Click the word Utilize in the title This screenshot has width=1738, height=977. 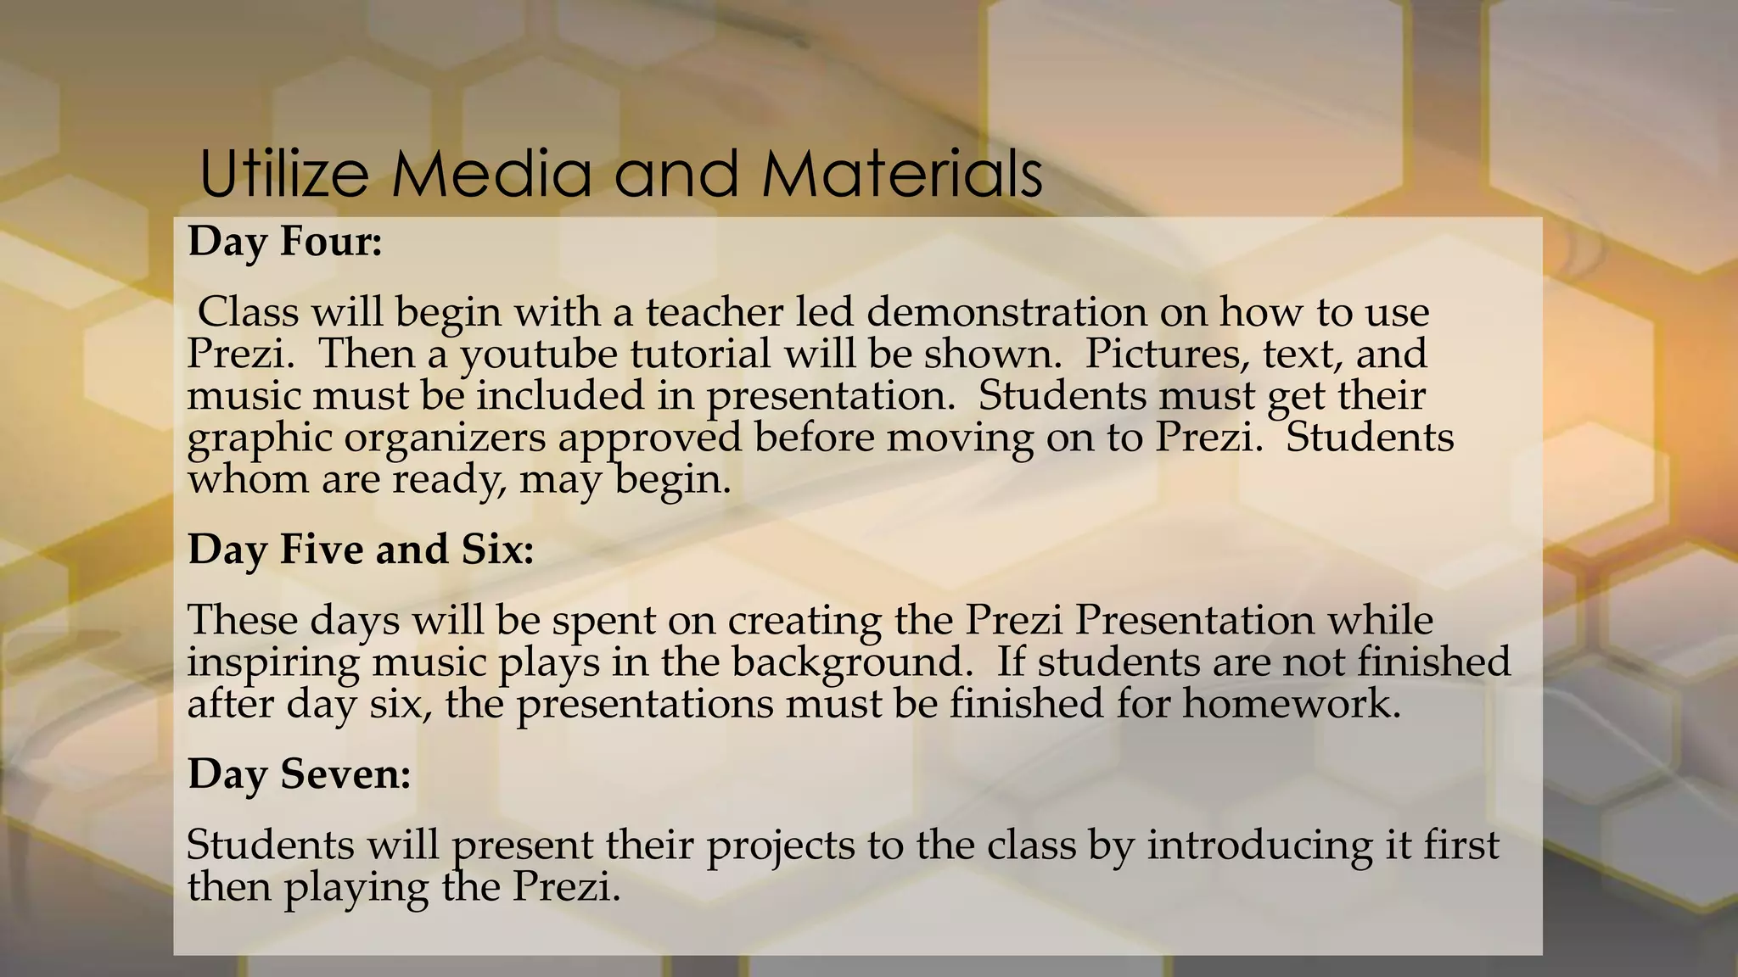click(284, 174)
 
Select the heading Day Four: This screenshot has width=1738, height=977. click(285, 242)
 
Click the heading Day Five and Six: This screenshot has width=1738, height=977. click(361, 550)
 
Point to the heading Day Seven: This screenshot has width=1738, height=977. click(300, 773)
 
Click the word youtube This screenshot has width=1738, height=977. click(539, 355)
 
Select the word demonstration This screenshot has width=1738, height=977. click(1006, 312)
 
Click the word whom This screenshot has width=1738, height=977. click(248, 480)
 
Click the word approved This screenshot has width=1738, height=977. click(650, 438)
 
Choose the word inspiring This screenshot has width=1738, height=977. click(273, 662)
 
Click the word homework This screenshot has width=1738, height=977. click(1291, 704)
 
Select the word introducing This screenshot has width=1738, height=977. click(1259, 845)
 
